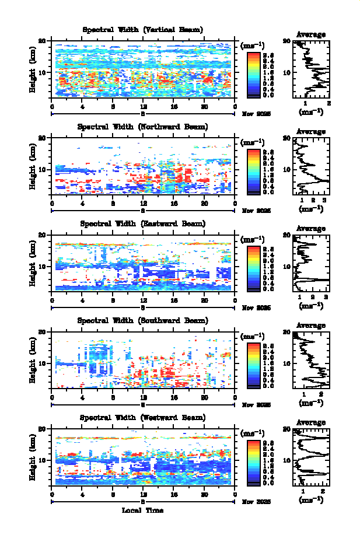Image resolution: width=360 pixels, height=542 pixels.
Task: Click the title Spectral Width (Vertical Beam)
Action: point(143,30)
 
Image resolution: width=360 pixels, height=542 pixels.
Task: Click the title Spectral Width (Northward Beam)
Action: point(143,127)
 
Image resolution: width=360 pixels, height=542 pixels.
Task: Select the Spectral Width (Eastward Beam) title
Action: point(143,223)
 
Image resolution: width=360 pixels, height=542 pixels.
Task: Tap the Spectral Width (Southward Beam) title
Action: point(143,320)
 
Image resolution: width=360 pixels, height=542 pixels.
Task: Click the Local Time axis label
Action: point(143,510)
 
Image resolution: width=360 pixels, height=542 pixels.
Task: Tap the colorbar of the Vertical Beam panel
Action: point(253,74)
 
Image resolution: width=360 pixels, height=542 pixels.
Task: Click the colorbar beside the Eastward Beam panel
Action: point(253,267)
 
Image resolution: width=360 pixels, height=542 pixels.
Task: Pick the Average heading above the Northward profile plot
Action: point(311,132)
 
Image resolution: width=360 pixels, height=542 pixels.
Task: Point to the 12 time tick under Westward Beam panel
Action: point(144,494)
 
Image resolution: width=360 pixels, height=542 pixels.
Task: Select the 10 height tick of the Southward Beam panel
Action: point(43,363)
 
